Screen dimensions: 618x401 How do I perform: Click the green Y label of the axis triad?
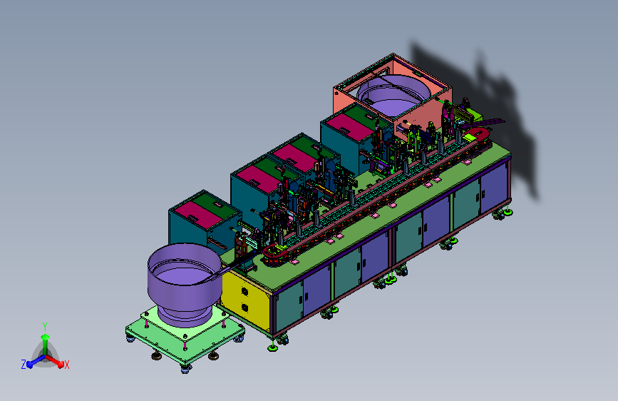44,327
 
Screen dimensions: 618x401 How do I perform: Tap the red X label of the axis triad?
66,365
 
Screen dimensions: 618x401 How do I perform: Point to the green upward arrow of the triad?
45,344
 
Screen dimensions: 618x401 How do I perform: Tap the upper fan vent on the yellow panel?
244,292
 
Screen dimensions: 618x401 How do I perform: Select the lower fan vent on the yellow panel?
244,308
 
